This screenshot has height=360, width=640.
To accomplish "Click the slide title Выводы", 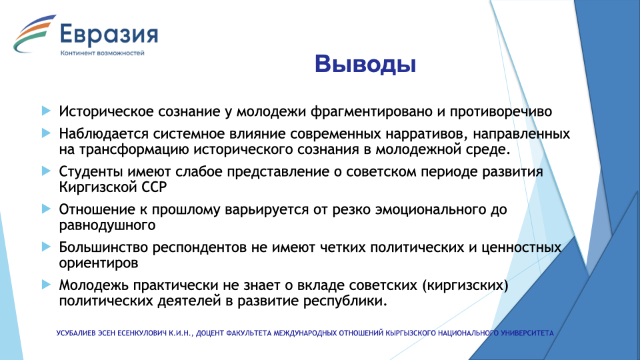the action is (x=365, y=65).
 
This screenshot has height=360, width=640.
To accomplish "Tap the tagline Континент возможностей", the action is (x=103, y=53).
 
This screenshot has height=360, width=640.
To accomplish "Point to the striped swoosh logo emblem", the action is (x=34, y=34).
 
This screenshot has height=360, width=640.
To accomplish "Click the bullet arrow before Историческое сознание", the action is (x=46, y=111).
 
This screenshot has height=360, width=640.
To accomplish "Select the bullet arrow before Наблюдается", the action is (x=46, y=133).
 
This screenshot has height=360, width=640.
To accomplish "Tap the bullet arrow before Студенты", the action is (x=46, y=171).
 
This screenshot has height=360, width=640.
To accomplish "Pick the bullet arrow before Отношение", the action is (x=46, y=209).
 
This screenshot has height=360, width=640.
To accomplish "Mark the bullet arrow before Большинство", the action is (x=46, y=247).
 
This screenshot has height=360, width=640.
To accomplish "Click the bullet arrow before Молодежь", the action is (x=46, y=285).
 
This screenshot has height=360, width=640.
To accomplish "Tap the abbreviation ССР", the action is (x=154, y=187).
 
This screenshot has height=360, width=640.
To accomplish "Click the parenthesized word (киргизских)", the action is (x=465, y=285).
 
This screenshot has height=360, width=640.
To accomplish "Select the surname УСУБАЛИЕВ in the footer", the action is (x=76, y=333).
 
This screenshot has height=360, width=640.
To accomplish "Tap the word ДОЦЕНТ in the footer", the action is (x=209, y=333).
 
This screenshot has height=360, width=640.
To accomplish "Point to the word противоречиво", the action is (x=501, y=111).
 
